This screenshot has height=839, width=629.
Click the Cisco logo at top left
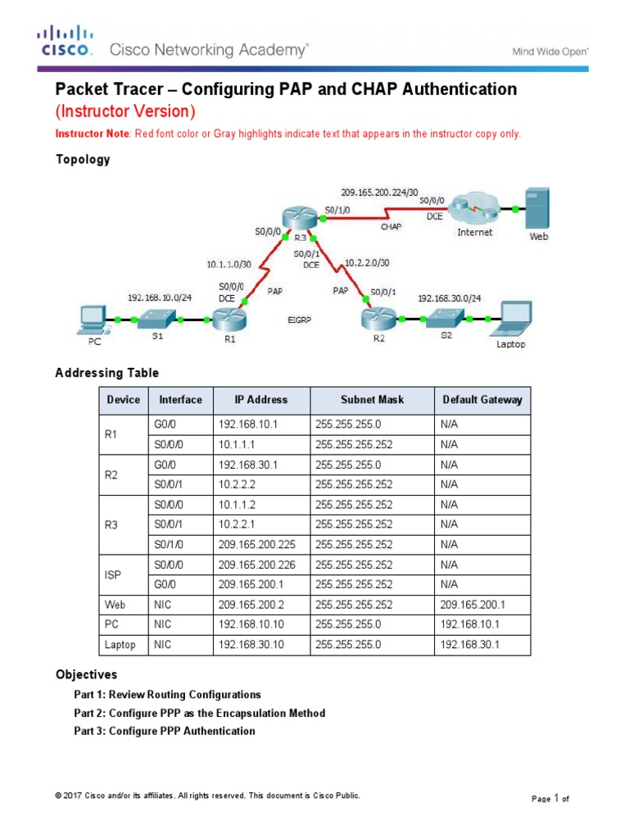[63, 40]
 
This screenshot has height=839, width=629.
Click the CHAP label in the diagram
[391, 227]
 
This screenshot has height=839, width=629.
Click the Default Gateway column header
[482, 400]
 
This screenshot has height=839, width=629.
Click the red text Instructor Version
[124, 111]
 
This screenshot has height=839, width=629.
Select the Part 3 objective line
[165, 731]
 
